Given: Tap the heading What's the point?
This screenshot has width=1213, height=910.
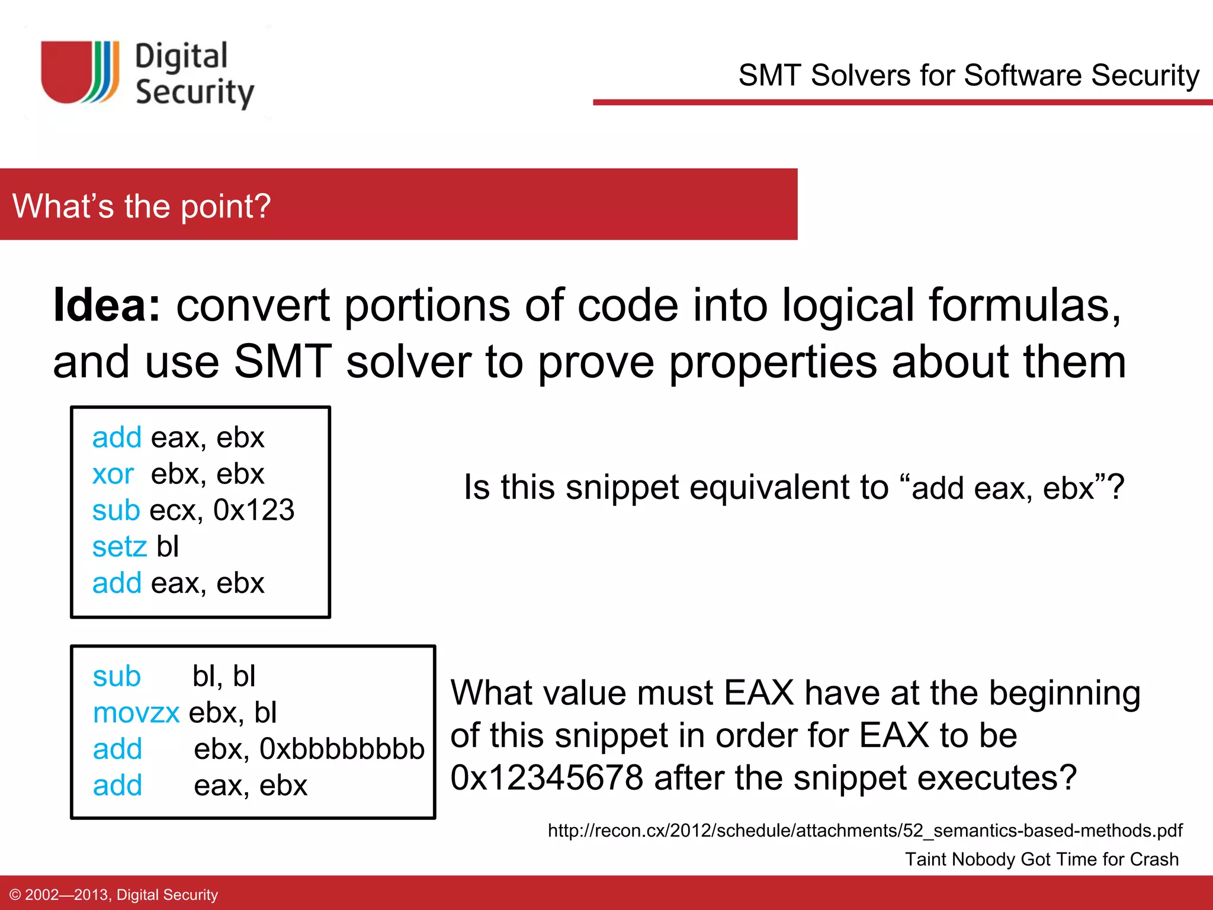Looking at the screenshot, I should (142, 206).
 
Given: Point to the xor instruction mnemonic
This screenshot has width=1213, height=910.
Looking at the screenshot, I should (113, 474).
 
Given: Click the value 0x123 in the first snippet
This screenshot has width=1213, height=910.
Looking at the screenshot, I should (253, 510).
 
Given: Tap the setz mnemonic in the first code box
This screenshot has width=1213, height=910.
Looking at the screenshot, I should (119, 546).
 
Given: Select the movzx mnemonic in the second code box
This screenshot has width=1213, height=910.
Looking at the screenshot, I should (136, 713).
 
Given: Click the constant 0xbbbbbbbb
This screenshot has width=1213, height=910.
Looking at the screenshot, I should (342, 749).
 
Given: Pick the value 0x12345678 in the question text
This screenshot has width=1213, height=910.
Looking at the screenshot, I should (546, 778).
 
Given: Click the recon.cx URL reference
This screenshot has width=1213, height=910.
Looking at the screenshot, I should (865, 831).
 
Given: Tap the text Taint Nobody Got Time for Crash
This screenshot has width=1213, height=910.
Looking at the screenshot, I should (1041, 859).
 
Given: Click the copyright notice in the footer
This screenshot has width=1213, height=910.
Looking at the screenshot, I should (114, 895).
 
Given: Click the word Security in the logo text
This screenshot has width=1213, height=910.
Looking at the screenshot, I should (195, 93).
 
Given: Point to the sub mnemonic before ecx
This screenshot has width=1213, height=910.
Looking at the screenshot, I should (116, 510).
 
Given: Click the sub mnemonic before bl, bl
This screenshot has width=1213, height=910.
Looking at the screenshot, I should (117, 676).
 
